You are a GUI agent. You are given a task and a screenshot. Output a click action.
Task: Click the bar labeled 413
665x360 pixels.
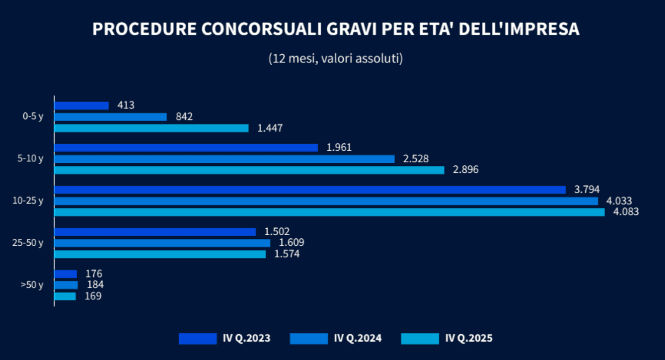click(82, 105)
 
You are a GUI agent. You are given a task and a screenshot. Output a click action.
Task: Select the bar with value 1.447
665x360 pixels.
click(151, 128)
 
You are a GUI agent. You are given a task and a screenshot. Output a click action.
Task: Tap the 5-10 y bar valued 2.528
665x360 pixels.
click(224, 159)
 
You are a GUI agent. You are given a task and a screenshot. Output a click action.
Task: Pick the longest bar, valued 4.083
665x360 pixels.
click(329, 212)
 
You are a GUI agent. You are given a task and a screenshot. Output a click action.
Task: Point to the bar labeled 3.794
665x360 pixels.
click(310, 189)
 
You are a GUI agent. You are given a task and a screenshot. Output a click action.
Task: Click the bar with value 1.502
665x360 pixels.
click(155, 232)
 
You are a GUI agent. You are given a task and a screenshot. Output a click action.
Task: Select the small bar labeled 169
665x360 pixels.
click(65, 296)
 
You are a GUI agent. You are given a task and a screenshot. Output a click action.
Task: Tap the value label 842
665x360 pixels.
click(184, 117)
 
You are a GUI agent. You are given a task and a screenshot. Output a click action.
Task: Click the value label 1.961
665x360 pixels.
click(339, 147)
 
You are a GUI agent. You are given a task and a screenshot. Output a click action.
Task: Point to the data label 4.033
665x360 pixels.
click(619, 201)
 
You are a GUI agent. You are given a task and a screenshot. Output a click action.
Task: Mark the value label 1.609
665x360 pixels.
click(291, 243)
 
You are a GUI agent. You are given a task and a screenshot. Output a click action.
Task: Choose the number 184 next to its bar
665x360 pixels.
click(95, 285)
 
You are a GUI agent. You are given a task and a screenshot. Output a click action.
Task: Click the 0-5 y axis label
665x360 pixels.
click(33, 117)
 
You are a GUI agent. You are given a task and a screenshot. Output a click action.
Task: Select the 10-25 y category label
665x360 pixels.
click(28, 201)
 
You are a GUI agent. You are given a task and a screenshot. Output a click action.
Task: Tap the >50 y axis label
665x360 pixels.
click(32, 285)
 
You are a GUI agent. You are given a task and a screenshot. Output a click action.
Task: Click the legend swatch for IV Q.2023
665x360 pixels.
click(198, 338)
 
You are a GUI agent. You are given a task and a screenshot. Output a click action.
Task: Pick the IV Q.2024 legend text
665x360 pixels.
click(358, 338)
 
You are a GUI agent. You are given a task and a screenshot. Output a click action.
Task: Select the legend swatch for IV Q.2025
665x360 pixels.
click(420, 338)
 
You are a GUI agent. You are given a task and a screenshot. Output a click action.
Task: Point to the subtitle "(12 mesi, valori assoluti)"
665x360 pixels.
click(336, 58)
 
